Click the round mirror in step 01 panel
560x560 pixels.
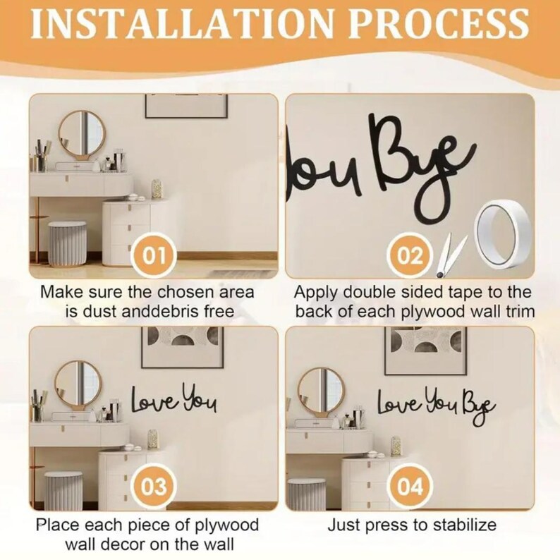(x=81, y=133)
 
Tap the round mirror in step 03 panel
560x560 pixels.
(x=78, y=383)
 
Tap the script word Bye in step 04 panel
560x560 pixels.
(x=479, y=408)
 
